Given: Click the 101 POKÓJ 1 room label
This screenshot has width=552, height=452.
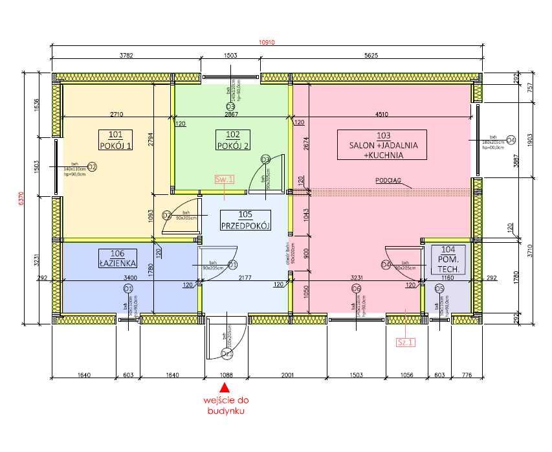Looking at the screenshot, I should [x=116, y=140].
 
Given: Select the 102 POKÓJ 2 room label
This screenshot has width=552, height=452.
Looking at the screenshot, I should [x=232, y=140].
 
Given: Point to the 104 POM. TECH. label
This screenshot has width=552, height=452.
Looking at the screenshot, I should [x=448, y=258].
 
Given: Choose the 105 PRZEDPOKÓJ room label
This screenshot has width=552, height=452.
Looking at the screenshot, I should [x=245, y=220].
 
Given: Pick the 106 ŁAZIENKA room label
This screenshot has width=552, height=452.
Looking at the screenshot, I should [x=116, y=258].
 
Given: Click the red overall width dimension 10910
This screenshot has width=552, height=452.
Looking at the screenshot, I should [x=267, y=43].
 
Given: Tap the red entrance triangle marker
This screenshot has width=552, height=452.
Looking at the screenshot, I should [x=225, y=388].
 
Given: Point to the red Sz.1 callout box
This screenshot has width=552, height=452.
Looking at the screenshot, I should [x=405, y=342].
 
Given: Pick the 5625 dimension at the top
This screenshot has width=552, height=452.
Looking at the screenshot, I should [x=371, y=56].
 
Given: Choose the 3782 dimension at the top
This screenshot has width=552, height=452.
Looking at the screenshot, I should [x=126, y=56].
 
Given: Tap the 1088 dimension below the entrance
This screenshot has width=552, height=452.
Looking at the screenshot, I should [x=225, y=374].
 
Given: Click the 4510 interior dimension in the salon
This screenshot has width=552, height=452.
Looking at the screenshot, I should [x=382, y=114].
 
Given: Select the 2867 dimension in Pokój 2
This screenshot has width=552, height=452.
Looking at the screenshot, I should [x=232, y=114].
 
